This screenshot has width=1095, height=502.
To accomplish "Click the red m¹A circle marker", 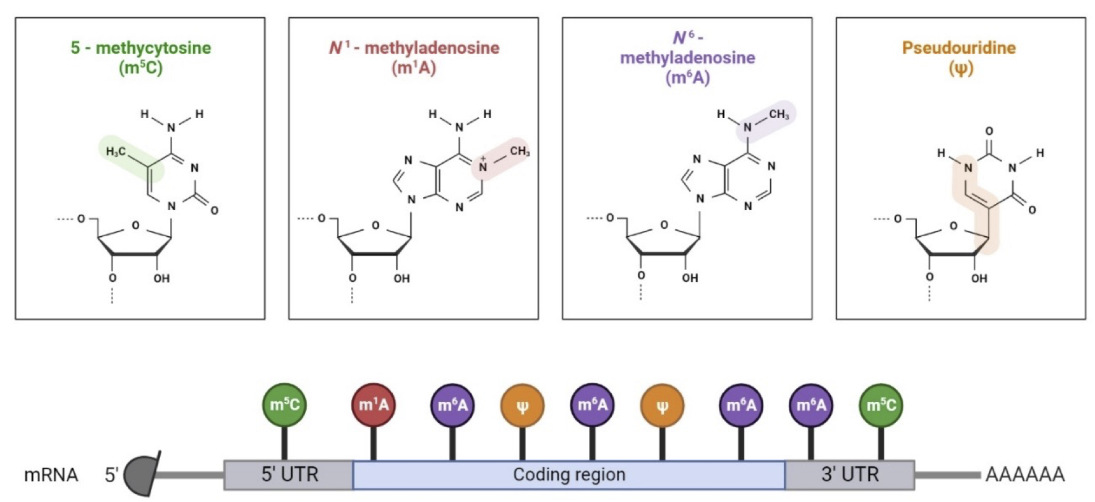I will pos(373,405).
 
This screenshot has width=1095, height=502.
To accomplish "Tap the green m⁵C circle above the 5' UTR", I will pos(285,405).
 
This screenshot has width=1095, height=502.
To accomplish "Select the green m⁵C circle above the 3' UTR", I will pos(881,405).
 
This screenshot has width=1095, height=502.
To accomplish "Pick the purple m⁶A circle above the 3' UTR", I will pos(811,405).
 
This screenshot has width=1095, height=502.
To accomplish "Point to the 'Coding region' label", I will pos(569,475).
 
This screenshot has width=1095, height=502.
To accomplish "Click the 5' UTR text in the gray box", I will pos(290,475).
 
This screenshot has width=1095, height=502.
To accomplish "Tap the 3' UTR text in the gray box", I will pos(849,475).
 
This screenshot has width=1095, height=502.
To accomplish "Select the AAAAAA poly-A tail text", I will pos(1024,475).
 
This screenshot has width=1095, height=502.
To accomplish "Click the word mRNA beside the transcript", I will pos(51,475).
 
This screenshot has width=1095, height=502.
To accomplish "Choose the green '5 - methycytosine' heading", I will pos(140,48).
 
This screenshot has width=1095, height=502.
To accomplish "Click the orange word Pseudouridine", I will pos(959,48).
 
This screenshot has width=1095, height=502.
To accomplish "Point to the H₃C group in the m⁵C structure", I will pos(116,151).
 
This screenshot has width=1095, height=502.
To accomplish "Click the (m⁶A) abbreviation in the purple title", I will pos(687,78).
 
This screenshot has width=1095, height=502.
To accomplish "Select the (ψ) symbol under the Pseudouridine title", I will pos(961,67).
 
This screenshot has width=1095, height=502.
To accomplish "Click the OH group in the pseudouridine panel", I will pos(979,278).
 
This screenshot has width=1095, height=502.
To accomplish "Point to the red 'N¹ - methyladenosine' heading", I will pos(414,48).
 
